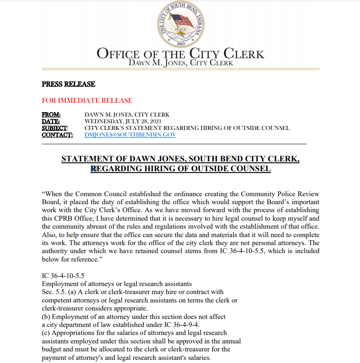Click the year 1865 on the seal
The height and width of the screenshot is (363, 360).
[x=181, y=43]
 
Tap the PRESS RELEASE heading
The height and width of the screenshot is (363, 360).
[x=68, y=84]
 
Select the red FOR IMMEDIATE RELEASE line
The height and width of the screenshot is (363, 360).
[x=87, y=101]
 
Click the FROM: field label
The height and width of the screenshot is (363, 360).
[x=51, y=115]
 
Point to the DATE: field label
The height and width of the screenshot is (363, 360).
[x=51, y=121]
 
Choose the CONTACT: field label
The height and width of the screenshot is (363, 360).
[x=57, y=135]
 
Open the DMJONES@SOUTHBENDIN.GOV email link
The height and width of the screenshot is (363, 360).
[x=130, y=135]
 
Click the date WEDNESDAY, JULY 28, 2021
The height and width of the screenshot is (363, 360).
[x=123, y=121]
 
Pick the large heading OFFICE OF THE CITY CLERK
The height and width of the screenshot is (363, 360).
[x=180, y=54]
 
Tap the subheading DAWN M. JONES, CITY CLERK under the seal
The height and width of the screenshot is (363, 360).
[x=180, y=63]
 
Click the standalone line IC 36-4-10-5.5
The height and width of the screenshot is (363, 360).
[x=63, y=276]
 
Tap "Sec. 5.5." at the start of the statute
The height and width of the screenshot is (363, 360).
[x=53, y=292]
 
